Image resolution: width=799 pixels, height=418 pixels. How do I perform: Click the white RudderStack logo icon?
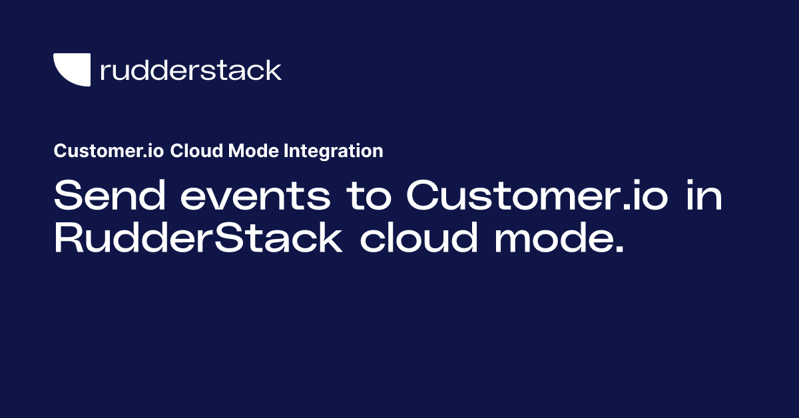71,70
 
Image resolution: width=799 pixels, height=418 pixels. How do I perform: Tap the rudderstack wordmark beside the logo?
190,70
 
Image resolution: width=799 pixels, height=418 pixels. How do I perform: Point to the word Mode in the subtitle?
246,151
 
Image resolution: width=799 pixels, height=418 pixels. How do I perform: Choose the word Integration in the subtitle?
334,151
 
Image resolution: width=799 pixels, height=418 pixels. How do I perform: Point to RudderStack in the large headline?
198,239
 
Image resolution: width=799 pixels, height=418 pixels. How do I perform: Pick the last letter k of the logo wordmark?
274,70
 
